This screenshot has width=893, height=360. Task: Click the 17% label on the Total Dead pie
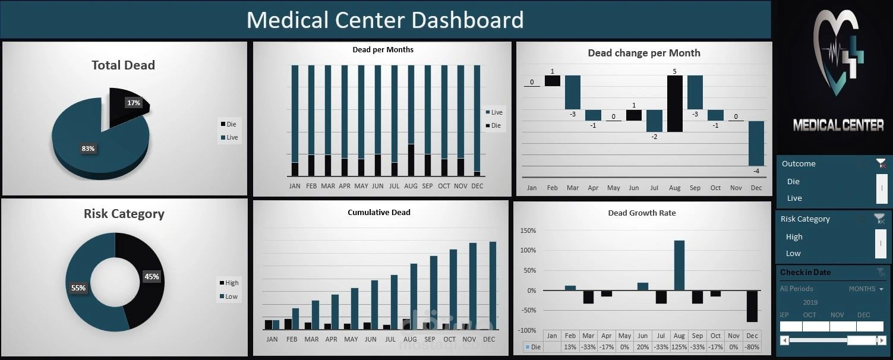[134, 103]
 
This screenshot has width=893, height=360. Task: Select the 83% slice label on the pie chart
[88, 149]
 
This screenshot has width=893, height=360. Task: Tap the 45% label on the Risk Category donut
[152, 276]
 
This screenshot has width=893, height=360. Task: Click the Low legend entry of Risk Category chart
[230, 296]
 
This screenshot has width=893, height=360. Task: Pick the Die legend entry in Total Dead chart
[230, 124]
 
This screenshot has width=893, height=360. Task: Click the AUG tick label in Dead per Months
[411, 186]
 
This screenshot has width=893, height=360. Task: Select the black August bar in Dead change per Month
[674, 103]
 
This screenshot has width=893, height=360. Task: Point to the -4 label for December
[756, 172]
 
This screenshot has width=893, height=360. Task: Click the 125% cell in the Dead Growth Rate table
[679, 347]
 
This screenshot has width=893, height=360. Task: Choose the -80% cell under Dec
[752, 347]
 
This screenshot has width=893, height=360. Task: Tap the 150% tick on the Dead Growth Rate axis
[528, 230]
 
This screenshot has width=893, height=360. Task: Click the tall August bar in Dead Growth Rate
[679, 265]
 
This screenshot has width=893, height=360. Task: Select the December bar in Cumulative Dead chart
[493, 285]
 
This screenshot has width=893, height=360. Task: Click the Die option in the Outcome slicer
[793, 182]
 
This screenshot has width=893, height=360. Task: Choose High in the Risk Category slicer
[794, 236]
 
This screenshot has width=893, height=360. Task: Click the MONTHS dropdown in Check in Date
[866, 289]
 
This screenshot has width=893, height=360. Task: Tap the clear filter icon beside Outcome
[881, 163]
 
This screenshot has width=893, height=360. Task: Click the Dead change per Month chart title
[644, 53]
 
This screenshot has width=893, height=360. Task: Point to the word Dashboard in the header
[467, 20]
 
